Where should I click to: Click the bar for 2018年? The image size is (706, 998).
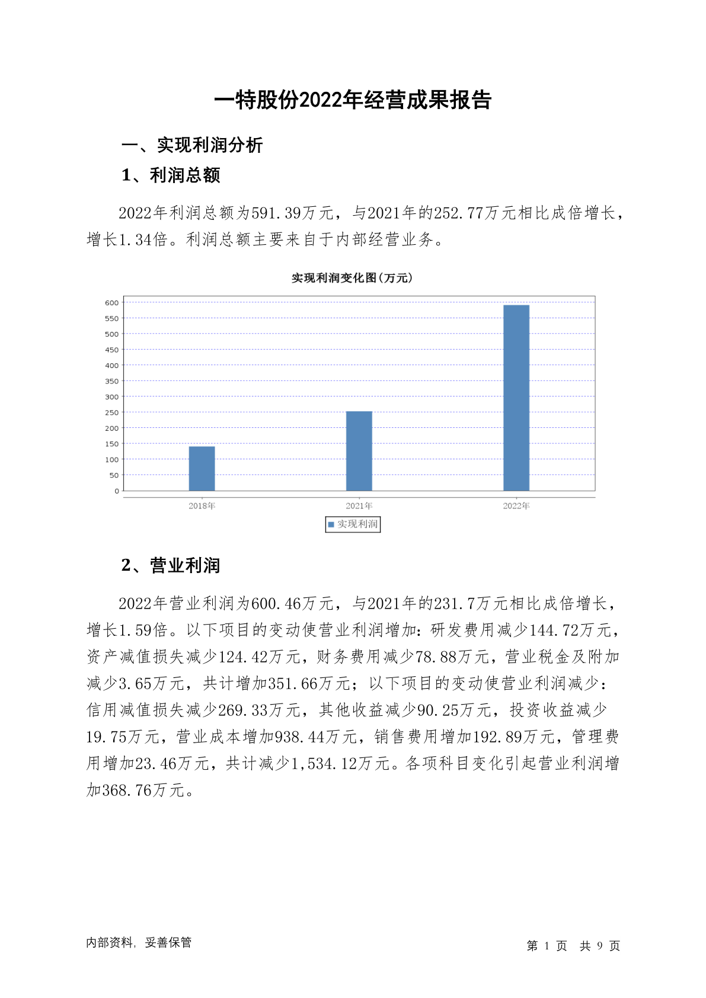pyautogui.click(x=202, y=468)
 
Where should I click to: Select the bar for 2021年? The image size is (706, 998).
pyautogui.click(x=359, y=450)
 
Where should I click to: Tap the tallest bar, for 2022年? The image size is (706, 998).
pyautogui.click(x=516, y=398)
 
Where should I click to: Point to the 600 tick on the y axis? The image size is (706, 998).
pyautogui.click(x=111, y=303)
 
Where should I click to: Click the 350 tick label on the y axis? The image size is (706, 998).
pyautogui.click(x=111, y=381)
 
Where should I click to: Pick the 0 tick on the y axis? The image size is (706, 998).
pyautogui.click(x=116, y=491)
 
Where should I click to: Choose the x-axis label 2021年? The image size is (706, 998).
pyautogui.click(x=359, y=506)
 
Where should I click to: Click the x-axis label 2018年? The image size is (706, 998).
pyautogui.click(x=202, y=506)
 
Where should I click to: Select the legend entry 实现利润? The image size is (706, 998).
pyautogui.click(x=353, y=524)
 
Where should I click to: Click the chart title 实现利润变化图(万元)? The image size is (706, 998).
pyautogui.click(x=352, y=278)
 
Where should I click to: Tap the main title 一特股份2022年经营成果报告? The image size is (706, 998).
pyautogui.click(x=353, y=100)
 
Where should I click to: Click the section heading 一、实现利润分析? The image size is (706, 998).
pyautogui.click(x=192, y=145)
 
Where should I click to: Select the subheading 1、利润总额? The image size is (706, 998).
pyautogui.click(x=171, y=175)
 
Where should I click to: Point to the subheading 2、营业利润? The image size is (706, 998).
pyautogui.click(x=171, y=565)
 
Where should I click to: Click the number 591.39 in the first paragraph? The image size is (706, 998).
pyautogui.click(x=276, y=213)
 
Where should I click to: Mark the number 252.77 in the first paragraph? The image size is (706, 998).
pyautogui.click(x=459, y=213)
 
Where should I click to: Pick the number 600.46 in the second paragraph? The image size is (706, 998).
pyautogui.click(x=276, y=604)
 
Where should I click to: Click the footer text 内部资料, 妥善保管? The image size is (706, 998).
pyautogui.click(x=139, y=942)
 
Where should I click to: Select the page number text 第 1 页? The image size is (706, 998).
pyautogui.click(x=547, y=946)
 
